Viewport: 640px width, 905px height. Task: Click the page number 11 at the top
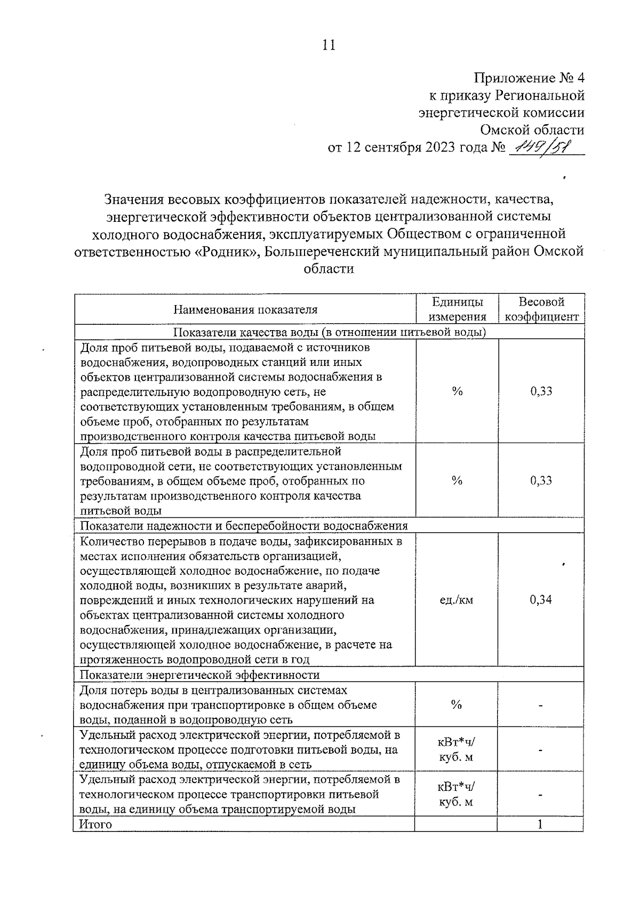(x=329, y=45)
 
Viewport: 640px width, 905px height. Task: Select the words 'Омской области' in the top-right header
(x=532, y=130)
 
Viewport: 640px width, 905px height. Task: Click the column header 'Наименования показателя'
(x=245, y=310)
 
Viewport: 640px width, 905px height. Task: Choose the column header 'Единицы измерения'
(x=457, y=309)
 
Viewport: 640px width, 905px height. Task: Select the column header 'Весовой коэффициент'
(x=541, y=309)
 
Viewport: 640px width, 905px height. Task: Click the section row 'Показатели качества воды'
(x=330, y=332)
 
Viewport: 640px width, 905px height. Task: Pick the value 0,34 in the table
(x=541, y=600)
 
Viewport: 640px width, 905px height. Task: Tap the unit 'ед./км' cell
(x=457, y=600)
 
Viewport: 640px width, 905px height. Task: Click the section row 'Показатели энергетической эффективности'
(x=199, y=675)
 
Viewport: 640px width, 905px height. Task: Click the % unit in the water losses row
(x=457, y=705)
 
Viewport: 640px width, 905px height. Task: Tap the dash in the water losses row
(x=541, y=706)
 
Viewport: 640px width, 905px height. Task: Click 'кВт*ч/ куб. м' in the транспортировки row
(x=457, y=794)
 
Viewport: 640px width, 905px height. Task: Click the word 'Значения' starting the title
(x=134, y=200)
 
